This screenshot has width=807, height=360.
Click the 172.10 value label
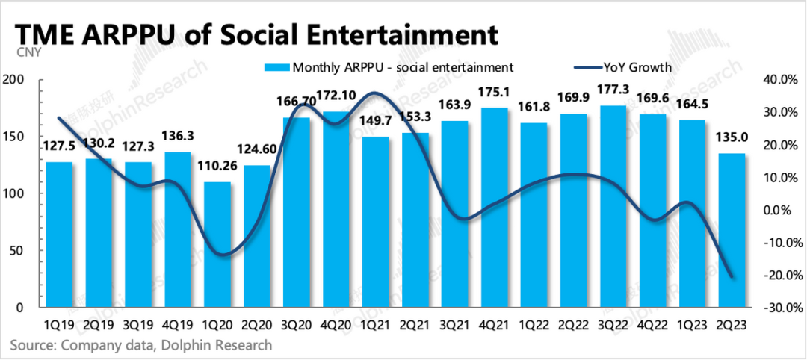(336, 96)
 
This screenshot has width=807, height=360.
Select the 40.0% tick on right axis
(780, 80)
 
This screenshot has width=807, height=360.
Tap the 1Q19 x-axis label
(59, 325)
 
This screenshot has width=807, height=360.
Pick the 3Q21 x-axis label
(455, 325)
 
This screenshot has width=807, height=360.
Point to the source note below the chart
(141, 345)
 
